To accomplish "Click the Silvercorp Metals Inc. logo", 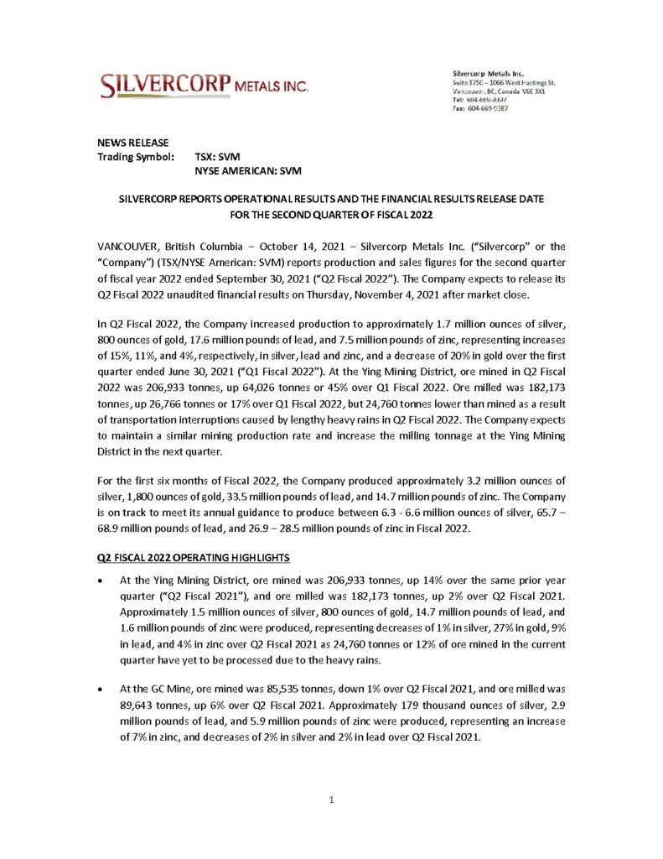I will pyautogui.click(x=205, y=85).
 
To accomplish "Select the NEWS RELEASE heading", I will pyautogui.click(x=133, y=142).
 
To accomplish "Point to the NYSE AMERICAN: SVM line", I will pyautogui.click(x=248, y=170).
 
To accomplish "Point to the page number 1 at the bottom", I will pyautogui.click(x=332, y=799).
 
